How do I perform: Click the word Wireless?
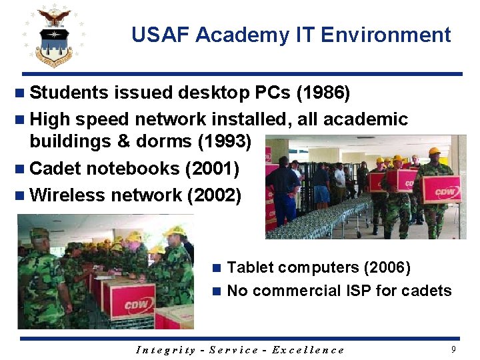pos(68,195)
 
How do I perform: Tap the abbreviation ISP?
pos(355,291)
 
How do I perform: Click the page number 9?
pos(453,349)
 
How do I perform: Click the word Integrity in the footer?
pos(165,350)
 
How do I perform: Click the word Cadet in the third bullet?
pos(53,169)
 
